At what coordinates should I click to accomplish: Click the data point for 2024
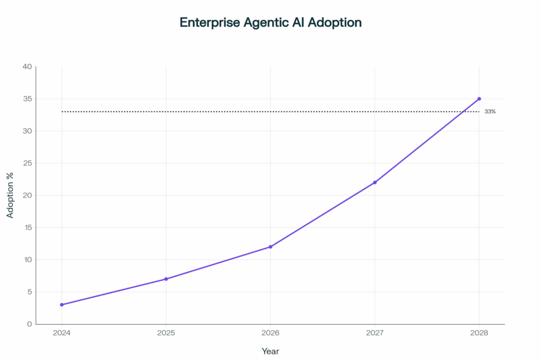point(62,305)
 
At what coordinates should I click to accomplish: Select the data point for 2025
point(166,279)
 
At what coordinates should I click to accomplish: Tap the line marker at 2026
point(270,247)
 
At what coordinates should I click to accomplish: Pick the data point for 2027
point(375,183)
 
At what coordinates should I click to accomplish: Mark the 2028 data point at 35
point(479,99)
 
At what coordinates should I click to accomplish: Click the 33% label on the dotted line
point(490,112)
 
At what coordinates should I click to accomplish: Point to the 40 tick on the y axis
point(26,67)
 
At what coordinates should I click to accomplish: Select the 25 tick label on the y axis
point(26,163)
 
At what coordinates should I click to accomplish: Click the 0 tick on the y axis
point(29,324)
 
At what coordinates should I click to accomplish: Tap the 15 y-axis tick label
point(27,228)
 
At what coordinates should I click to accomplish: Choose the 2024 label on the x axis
point(62,334)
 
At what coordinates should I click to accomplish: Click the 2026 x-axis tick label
point(270,334)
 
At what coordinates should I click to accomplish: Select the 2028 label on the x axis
point(479,334)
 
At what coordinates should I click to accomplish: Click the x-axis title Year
point(270,351)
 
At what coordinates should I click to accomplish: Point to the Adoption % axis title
point(10,195)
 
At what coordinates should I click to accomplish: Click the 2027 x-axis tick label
point(375,334)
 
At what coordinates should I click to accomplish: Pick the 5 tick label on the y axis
point(29,292)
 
